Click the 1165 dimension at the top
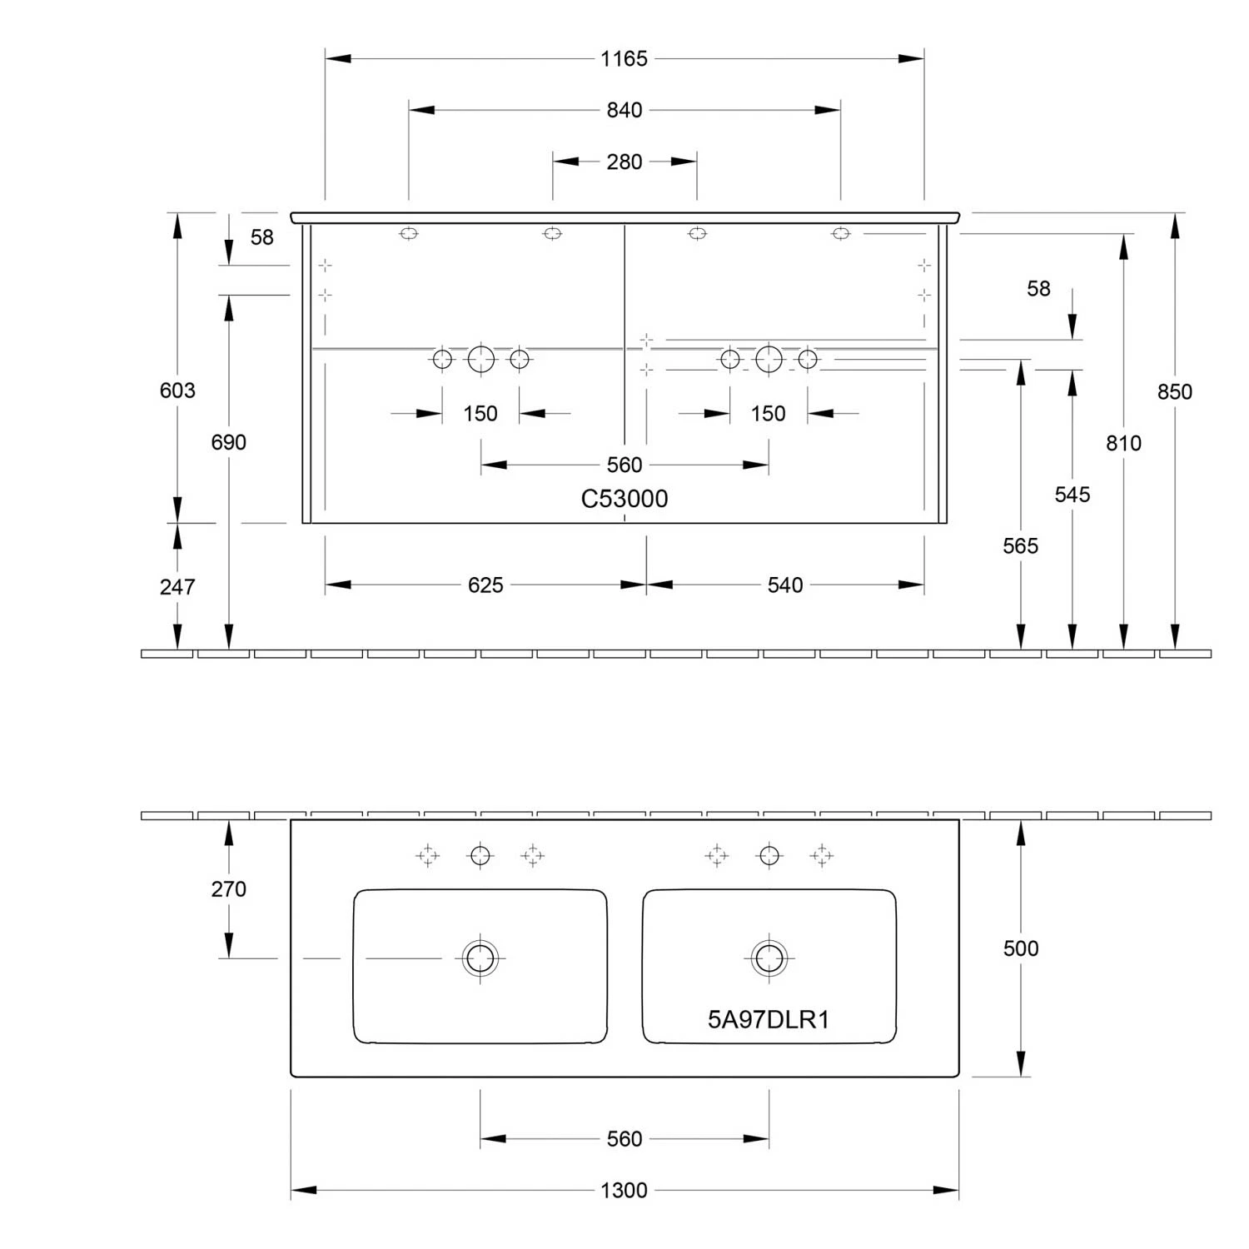coord(624,59)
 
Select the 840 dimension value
coord(624,110)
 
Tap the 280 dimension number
coord(624,162)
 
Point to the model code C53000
coord(624,499)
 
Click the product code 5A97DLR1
coord(768,1019)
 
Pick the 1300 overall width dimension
coord(624,1190)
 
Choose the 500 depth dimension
coord(1020,948)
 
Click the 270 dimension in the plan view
coord(228,889)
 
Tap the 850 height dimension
coord(1174,391)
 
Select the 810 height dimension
coord(1123,443)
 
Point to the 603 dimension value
coord(177,390)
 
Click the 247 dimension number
coord(177,587)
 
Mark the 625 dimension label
coord(485,585)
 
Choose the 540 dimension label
coord(785,585)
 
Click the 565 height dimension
coord(1020,546)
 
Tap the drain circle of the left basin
coord(480,958)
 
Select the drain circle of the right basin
coord(769,958)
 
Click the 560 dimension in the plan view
coord(624,1138)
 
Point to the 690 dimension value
coord(228,442)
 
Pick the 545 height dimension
coord(1072,495)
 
